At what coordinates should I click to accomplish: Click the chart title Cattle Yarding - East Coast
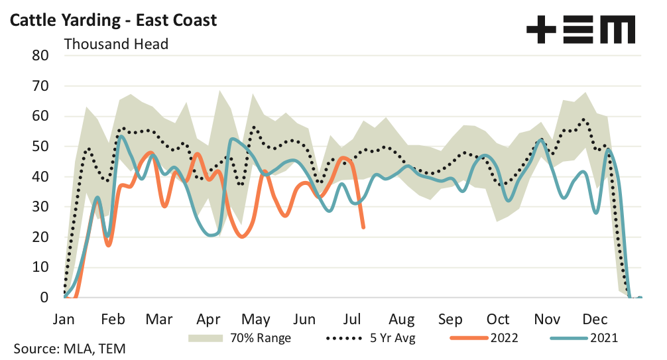pos(112,20)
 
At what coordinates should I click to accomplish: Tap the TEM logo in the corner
pos(580,29)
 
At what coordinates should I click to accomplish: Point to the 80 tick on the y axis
pos(40,55)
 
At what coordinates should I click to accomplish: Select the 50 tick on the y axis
pos(40,147)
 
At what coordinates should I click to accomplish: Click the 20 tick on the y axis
pos(40,237)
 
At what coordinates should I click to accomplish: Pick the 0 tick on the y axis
pos(44,298)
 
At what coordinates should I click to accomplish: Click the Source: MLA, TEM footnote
pos(68,348)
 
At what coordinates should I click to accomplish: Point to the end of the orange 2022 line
pos(363,227)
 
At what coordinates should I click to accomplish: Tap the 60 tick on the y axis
pos(40,116)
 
